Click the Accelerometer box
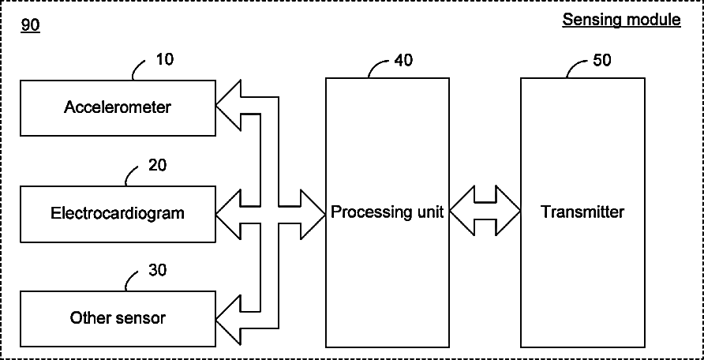[117, 107]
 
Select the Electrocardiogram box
[117, 213]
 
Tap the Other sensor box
[117, 318]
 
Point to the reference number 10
[165, 59]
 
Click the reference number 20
[157, 165]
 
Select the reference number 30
[157, 270]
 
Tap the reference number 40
[403, 61]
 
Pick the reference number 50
[601, 61]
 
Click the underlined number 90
[30, 26]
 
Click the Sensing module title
[621, 20]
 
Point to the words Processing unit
[388, 212]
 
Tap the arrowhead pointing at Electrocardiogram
[228, 212]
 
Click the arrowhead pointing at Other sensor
[228, 318]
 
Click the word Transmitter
[582, 212]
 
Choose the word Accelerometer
[117, 107]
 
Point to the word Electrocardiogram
[117, 213]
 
